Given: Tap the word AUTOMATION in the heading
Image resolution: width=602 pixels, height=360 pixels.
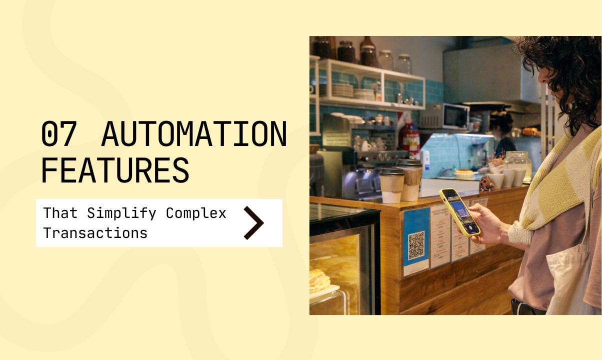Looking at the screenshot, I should tap(194, 134).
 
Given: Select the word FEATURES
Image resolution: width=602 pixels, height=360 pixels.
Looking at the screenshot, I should tap(115, 169).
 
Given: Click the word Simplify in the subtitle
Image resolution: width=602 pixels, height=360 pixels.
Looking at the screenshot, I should tap(121, 213).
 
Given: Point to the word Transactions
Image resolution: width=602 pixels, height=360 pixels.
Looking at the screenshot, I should tap(95, 233).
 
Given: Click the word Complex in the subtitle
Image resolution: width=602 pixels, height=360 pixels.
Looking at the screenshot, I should tap(196, 213).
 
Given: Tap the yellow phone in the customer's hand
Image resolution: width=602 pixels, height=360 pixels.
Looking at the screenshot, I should tap(459, 211).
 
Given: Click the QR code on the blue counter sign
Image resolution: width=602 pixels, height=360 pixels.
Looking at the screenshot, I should tap(416, 245).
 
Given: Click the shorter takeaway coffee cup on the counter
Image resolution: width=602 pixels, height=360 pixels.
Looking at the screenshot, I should tap(391, 185).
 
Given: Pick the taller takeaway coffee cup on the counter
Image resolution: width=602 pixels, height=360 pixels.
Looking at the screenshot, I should tap(410, 179).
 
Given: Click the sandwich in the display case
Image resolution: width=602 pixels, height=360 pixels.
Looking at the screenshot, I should tap(318, 281).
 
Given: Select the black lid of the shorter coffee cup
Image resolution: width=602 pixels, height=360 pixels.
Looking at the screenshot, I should tap(391, 171).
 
